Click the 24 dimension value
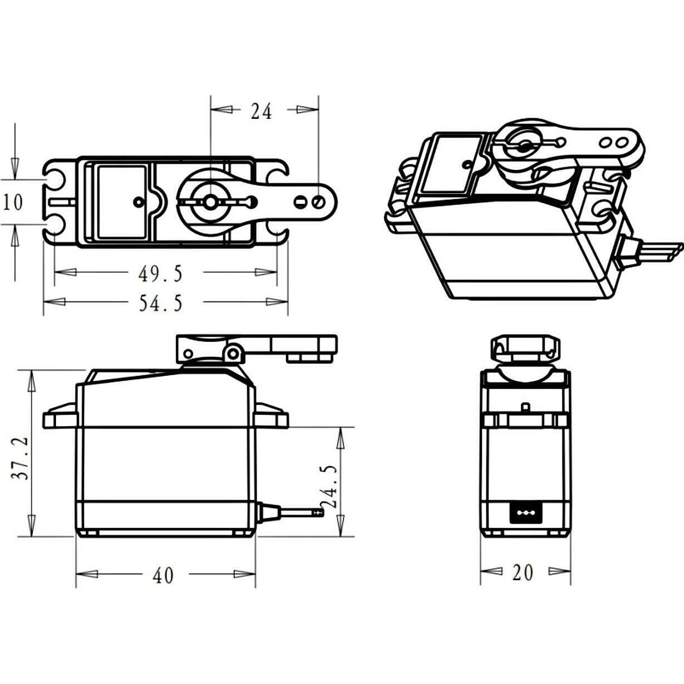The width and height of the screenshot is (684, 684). [x=261, y=112]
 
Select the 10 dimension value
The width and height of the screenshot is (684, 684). [x=13, y=202]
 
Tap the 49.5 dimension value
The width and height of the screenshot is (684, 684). [x=160, y=273]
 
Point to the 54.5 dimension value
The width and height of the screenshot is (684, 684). [x=160, y=303]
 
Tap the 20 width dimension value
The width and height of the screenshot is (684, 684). [x=522, y=572]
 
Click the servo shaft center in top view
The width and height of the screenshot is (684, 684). [x=210, y=202]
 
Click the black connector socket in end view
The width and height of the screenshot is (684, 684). [x=525, y=514]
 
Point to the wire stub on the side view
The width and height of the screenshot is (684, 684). [x=300, y=513]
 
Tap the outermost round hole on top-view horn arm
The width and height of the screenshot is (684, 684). [x=319, y=201]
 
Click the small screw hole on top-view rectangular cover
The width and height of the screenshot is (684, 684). [x=138, y=202]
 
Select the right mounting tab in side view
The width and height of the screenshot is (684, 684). [x=271, y=415]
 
